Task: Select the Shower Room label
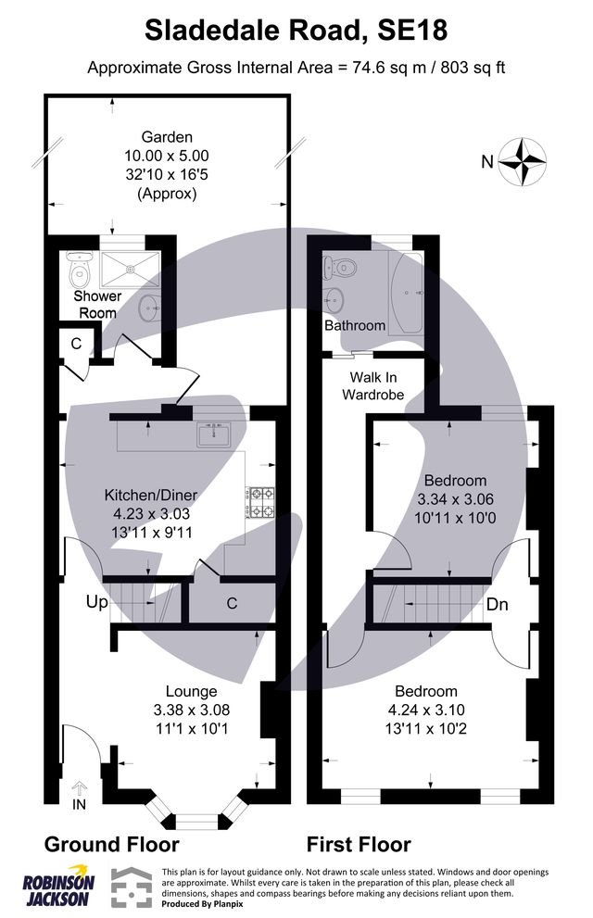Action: click(97, 305)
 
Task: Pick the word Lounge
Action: click(191, 691)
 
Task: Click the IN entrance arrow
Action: click(78, 793)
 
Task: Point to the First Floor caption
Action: click(359, 844)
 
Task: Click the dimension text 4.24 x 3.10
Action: click(425, 710)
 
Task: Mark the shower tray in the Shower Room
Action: click(131, 268)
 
